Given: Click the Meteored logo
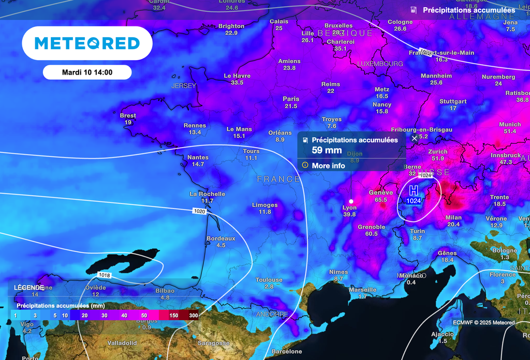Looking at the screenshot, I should pyautogui.click(x=87, y=43).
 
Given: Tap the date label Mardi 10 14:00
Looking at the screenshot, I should pyautogui.click(x=87, y=73).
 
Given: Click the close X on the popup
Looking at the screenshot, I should pyautogui.click(x=414, y=138).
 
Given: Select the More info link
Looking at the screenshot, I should pyautogui.click(x=328, y=166).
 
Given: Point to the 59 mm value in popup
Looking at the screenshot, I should pyautogui.click(x=327, y=151).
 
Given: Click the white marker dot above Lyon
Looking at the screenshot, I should pyautogui.click(x=351, y=201).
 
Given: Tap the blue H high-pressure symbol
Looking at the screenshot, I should pyautogui.click(x=414, y=190).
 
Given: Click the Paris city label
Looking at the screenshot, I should pyautogui.click(x=291, y=99).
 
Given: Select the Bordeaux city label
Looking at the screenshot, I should pyautogui.click(x=220, y=238).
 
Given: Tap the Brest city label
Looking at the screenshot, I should pyautogui.click(x=128, y=116).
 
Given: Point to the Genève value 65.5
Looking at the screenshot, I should pyautogui.click(x=381, y=200).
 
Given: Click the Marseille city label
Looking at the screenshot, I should pyautogui.click(x=362, y=290).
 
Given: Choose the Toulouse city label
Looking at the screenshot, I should pyautogui.click(x=269, y=280).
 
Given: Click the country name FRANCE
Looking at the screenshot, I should pyautogui.click(x=278, y=179).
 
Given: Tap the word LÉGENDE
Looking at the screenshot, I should pyautogui.click(x=28, y=287).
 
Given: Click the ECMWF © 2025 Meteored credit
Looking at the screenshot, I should pyautogui.click(x=483, y=323).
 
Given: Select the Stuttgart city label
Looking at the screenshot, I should pyautogui.click(x=453, y=102).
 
